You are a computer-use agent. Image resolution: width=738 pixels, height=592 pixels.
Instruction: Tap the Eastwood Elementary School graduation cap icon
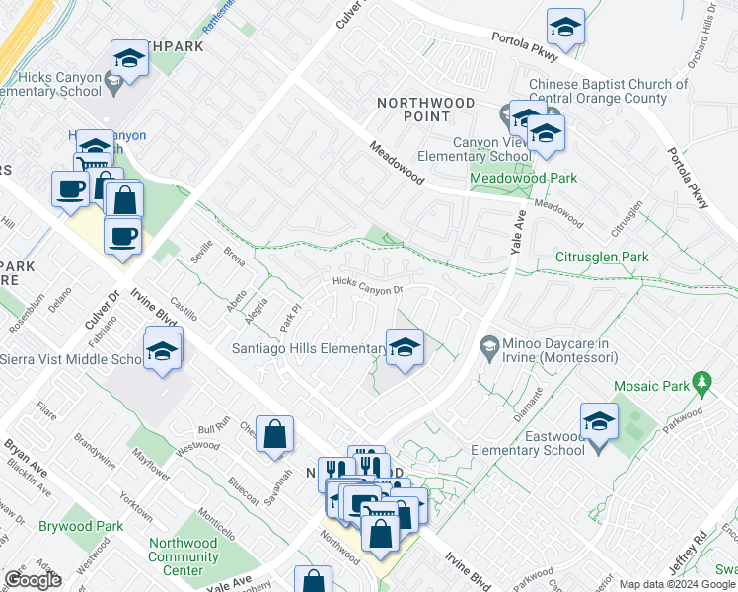tap(599, 421)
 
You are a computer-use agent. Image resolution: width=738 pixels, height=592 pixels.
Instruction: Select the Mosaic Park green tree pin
tap(701, 381)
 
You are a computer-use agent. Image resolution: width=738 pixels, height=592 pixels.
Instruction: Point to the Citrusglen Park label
tap(601, 257)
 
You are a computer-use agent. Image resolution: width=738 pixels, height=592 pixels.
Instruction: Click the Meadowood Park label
tap(523, 178)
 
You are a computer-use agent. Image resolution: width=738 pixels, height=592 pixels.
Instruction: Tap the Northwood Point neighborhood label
tap(426, 110)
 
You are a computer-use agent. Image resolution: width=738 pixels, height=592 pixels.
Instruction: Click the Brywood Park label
tap(82, 526)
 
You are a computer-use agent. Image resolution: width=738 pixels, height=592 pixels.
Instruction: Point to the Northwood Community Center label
tap(183, 556)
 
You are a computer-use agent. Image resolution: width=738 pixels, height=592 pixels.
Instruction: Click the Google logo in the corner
tap(32, 580)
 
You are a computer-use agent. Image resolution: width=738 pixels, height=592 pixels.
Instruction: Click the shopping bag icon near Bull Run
tap(275, 434)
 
